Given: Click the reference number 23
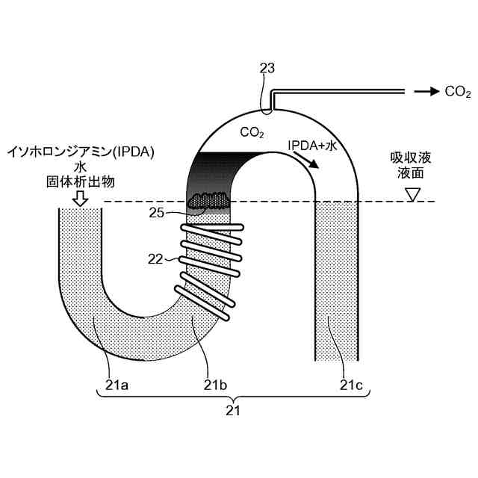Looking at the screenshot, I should click(x=267, y=69).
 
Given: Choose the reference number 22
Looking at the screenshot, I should click(x=155, y=259).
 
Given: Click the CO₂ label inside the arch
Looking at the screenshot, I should click(x=252, y=133).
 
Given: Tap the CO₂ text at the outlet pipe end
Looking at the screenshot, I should click(x=457, y=92).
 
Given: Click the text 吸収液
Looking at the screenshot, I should click(x=411, y=158).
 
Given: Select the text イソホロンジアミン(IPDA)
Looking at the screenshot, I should click(x=80, y=152).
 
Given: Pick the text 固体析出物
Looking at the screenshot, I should click(x=80, y=181).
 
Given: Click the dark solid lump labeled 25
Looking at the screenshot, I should click(x=210, y=200).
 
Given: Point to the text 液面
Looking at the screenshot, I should click(x=411, y=173).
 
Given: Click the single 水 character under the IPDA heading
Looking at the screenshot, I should click(x=80, y=167).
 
